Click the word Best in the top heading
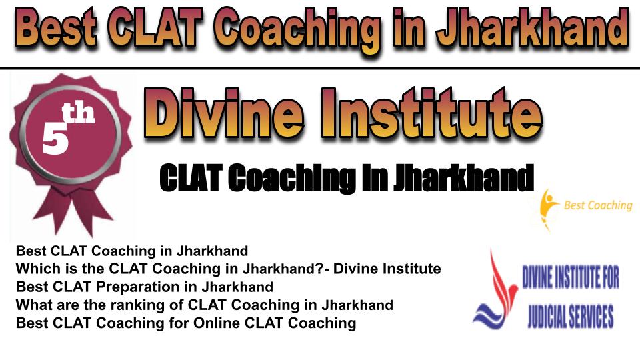coord(57,28)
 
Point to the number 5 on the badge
coord(55,138)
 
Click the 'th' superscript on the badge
coord(78,113)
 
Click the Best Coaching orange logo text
coord(598,205)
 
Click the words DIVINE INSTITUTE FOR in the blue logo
coord(571,277)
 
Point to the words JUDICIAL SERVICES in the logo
coord(571,316)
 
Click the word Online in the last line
coord(216,323)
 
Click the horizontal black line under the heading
coord(320,68)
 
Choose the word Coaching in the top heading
coord(297,29)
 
